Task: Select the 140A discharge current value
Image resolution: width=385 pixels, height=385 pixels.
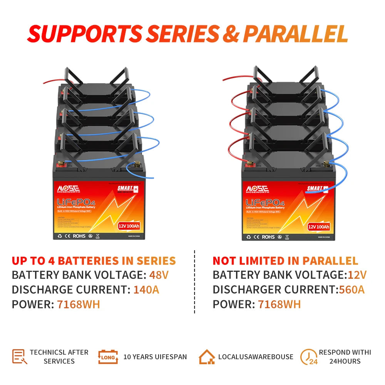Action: (146, 290)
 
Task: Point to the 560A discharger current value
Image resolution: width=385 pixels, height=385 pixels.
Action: (352, 290)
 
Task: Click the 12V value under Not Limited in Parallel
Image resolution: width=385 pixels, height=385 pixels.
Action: (357, 275)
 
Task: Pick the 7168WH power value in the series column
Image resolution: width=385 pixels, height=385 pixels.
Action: (78, 304)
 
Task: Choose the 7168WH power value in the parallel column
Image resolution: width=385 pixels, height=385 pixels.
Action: (279, 304)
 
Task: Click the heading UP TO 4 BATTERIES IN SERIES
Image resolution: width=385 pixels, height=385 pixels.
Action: (94, 261)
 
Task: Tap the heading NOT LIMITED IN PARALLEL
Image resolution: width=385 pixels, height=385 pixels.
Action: (285, 261)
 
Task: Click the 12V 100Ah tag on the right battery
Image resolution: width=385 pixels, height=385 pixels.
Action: (318, 227)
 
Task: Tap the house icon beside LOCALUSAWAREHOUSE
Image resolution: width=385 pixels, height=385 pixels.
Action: (207, 357)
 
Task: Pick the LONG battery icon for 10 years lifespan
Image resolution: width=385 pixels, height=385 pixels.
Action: (108, 357)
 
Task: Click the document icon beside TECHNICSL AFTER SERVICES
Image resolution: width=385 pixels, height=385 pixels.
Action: (20, 357)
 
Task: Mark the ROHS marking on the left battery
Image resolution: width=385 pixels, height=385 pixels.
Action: (79, 236)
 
